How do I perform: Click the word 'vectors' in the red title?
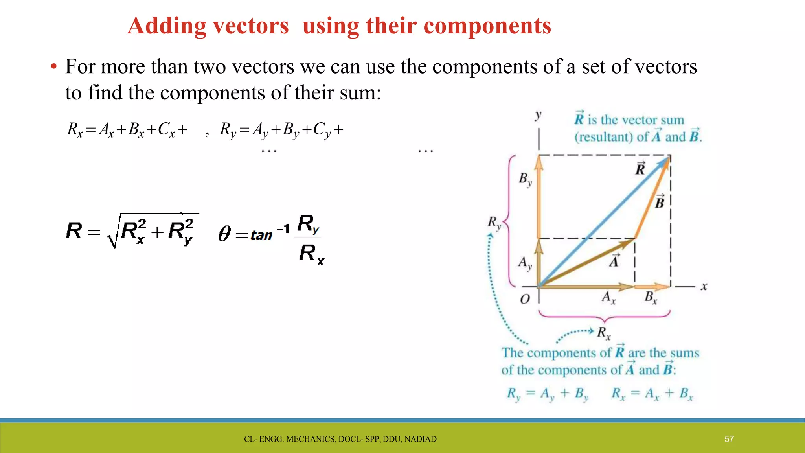(x=251, y=26)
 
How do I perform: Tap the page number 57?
(x=729, y=439)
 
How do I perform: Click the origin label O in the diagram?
(x=525, y=299)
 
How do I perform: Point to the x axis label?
(x=704, y=287)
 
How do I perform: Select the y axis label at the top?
(x=538, y=115)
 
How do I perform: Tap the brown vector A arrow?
(x=586, y=263)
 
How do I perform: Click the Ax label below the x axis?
(x=608, y=298)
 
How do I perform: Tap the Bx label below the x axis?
(x=651, y=298)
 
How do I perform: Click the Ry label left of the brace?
(x=494, y=223)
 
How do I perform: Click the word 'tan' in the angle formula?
(x=261, y=236)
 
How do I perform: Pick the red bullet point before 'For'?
(x=54, y=67)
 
